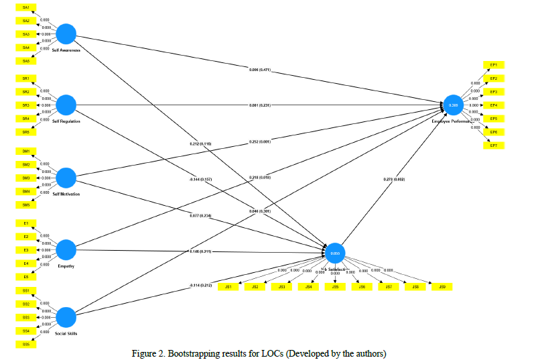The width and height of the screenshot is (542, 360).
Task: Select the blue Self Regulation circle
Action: pyautogui.click(x=66, y=105)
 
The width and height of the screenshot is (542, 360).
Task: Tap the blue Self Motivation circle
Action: pyautogui.click(x=66, y=178)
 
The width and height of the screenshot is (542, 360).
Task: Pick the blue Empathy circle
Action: pyautogui.click(x=66, y=250)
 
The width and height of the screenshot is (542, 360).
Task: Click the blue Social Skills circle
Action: pyautogui.click(x=66, y=317)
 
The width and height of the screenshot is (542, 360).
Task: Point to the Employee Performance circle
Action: pyautogui.click(x=453, y=105)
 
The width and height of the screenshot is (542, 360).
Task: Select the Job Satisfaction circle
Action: pyautogui.click(x=335, y=253)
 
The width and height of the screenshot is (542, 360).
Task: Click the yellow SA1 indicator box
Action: pyautogui.click(x=25, y=7)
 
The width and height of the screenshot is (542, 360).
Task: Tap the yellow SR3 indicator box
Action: pyautogui.click(x=25, y=105)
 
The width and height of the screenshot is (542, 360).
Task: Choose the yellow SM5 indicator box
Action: pyautogui.click(x=25, y=204)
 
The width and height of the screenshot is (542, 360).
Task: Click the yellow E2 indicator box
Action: pyautogui.click(x=25, y=237)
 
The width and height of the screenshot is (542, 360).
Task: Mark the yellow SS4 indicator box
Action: pyautogui.click(x=25, y=331)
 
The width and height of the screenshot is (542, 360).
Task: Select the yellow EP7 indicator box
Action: pyautogui.click(x=493, y=145)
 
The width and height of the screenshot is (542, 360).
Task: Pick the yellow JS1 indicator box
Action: pyautogui.click(x=228, y=287)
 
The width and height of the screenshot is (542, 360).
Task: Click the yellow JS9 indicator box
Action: pyautogui.click(x=442, y=287)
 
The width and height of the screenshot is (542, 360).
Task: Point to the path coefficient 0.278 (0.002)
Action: pyautogui.click(x=393, y=179)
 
